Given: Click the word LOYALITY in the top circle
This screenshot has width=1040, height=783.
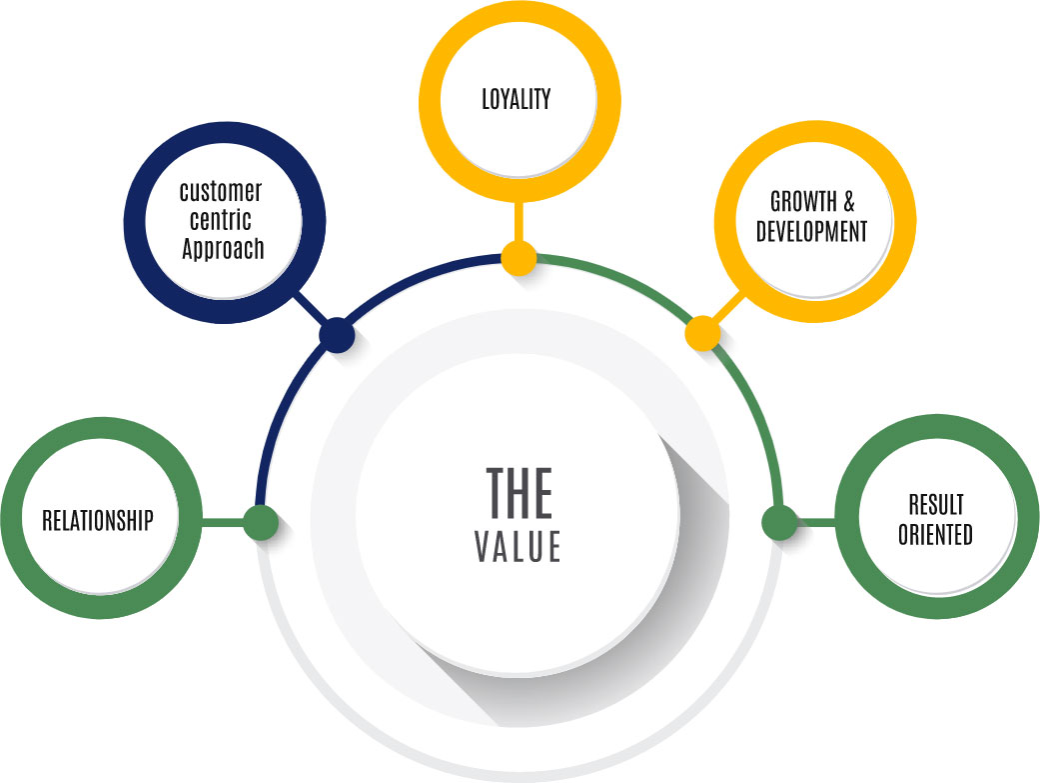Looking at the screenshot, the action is [517, 99].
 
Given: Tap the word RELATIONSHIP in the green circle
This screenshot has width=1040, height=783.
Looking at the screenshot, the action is [98, 520].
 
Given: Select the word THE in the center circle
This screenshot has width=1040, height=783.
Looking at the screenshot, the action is [519, 492].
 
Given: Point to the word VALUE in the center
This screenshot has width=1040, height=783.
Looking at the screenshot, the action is [519, 547].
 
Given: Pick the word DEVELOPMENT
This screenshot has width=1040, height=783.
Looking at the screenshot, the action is [812, 231].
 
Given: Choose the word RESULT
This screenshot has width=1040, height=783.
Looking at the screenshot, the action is [936, 505].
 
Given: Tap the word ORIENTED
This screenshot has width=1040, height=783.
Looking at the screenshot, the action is [935, 535].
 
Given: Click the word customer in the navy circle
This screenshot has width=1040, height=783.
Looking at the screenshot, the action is [221, 191].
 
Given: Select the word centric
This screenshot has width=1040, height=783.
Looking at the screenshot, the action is [221, 219].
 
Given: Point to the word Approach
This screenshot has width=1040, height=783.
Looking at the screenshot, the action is [224, 248].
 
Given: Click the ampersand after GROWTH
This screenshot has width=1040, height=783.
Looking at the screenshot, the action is [849, 201].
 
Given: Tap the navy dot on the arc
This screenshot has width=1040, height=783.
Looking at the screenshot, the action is [337, 335].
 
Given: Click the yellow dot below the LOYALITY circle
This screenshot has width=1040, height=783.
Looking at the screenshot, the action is [519, 258].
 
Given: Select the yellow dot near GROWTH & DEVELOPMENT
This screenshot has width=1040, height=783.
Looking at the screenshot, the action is [702, 333].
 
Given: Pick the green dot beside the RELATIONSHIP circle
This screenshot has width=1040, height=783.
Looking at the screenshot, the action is [261, 522].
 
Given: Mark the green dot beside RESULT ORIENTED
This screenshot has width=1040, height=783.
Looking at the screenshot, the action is [780, 522].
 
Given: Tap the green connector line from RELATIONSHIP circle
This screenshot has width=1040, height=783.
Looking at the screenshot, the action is [222, 522].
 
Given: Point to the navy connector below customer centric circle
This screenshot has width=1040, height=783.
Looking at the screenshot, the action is [311, 308].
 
